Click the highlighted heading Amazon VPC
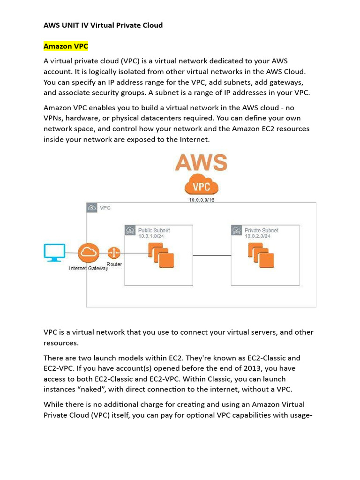pyautogui.click(x=66, y=46)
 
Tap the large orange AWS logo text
pyautogui.click(x=201, y=163)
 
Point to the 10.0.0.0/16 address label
pyautogui.click(x=202, y=200)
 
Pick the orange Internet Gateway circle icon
pyautogui.click(x=88, y=253)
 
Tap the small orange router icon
pyautogui.click(x=114, y=253)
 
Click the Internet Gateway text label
pyautogui.click(x=88, y=268)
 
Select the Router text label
pyautogui.click(x=114, y=264)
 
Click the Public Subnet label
pyautogui.click(x=154, y=230)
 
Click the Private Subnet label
pyautogui.click(x=261, y=230)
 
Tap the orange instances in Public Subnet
pyautogui.click(x=161, y=256)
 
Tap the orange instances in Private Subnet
pyautogui.click(x=261, y=256)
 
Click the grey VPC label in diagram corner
pyautogui.click(x=105, y=208)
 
